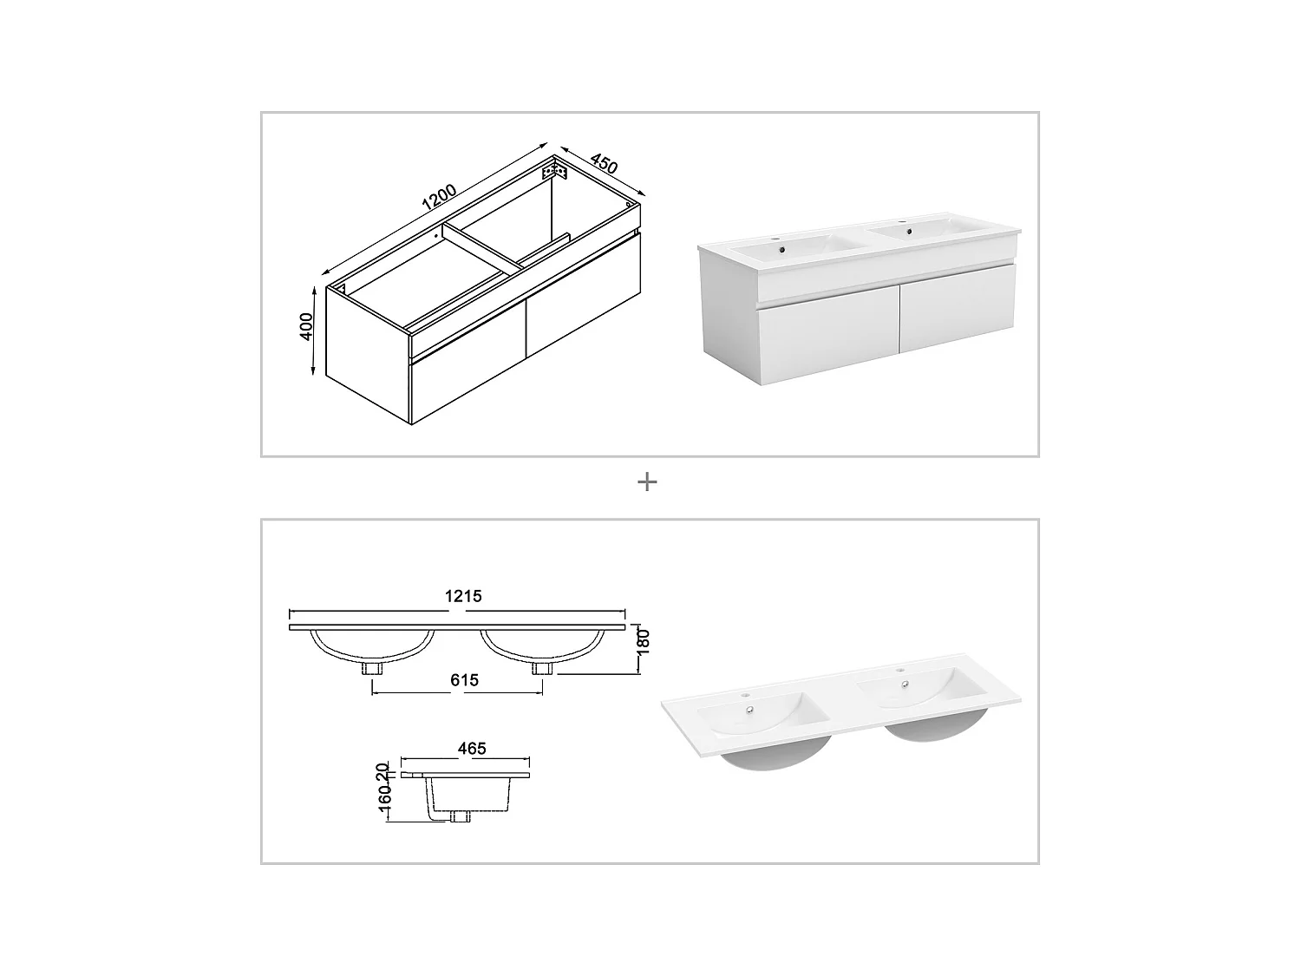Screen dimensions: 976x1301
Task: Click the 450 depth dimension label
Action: [603, 163]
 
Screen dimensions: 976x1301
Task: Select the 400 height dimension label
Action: [305, 326]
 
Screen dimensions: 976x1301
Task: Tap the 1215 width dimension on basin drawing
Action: [463, 596]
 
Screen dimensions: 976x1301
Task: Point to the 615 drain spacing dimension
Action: [464, 680]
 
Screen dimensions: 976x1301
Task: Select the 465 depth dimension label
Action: [472, 748]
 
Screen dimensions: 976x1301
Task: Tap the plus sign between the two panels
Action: [647, 482]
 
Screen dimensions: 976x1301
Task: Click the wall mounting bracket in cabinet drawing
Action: [554, 172]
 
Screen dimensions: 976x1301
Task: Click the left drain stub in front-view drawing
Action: [373, 668]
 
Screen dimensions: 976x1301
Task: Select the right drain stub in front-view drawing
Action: [542, 668]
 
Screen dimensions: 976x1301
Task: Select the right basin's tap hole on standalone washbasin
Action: [899, 671]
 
